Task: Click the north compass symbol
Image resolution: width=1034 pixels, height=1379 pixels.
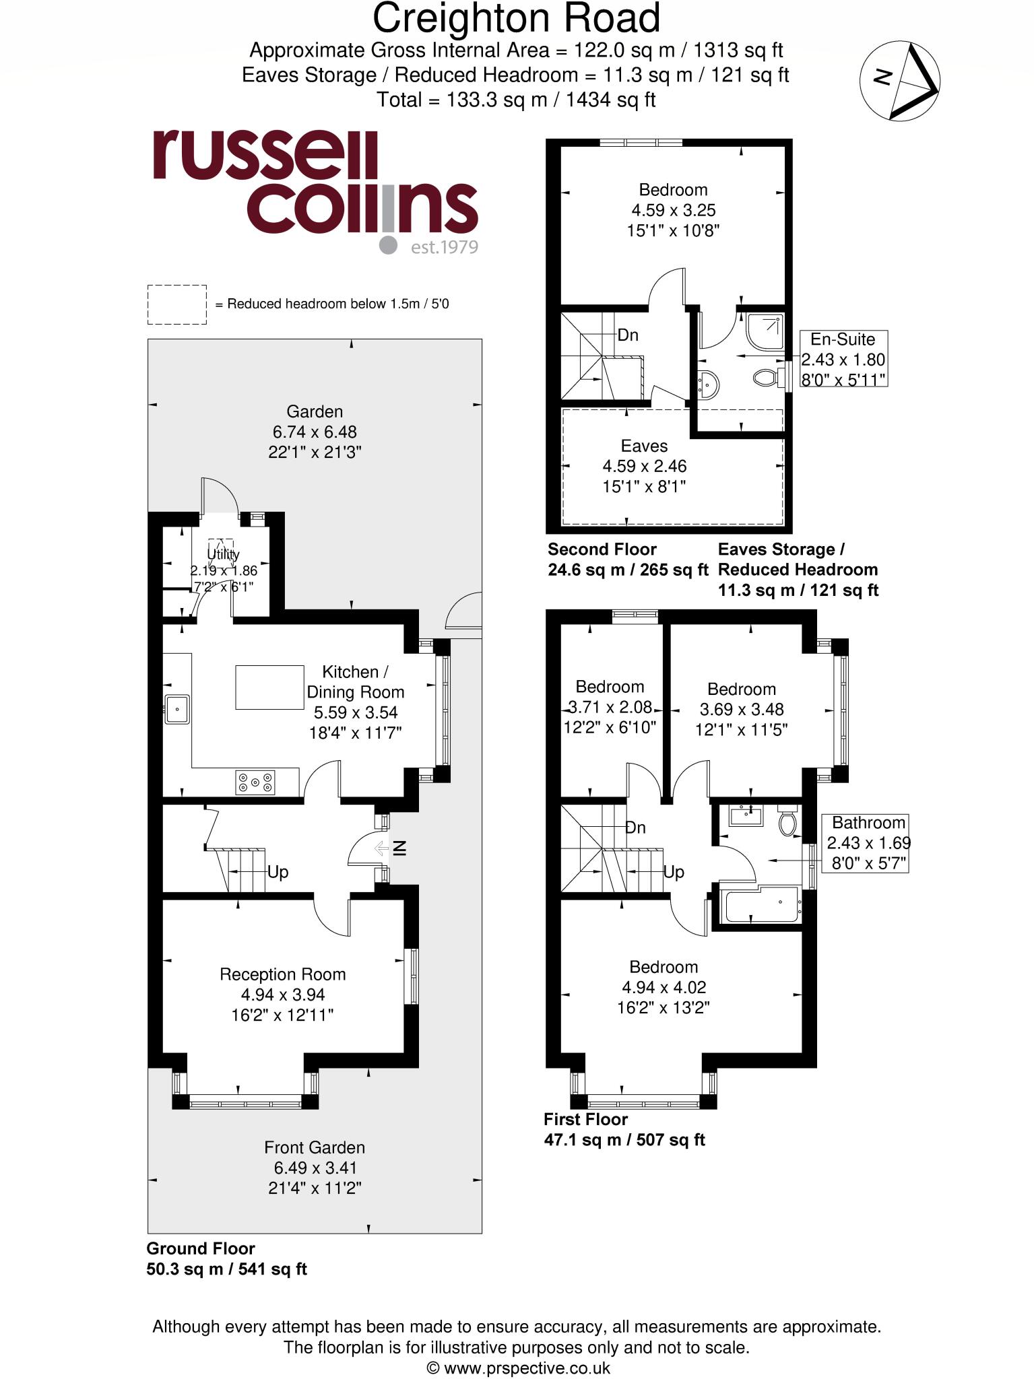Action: click(900, 81)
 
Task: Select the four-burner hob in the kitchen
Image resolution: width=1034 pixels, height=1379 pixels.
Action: click(255, 782)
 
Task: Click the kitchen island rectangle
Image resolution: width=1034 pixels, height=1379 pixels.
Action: click(269, 687)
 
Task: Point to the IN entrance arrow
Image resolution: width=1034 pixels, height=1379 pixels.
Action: click(391, 848)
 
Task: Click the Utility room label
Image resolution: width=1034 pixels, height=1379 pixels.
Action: click(223, 555)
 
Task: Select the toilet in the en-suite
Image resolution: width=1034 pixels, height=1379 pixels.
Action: click(767, 377)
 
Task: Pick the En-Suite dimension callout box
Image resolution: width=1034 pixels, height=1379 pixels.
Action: click(843, 359)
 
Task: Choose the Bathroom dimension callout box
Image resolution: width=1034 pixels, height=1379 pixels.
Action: click(868, 842)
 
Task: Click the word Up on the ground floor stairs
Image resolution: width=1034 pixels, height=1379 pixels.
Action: click(278, 872)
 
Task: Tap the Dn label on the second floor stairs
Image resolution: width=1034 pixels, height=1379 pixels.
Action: click(627, 335)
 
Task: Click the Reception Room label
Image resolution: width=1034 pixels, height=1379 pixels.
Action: click(282, 974)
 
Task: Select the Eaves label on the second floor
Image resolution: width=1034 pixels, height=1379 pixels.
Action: click(644, 446)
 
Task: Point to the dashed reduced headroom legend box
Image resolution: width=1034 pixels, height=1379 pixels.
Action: click(176, 304)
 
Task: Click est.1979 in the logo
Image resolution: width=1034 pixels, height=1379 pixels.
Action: click(444, 247)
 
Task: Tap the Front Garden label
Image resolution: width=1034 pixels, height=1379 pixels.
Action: click(314, 1147)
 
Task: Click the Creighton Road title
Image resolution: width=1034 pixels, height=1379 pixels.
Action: click(516, 18)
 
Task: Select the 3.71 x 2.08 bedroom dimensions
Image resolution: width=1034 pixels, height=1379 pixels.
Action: click(610, 707)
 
